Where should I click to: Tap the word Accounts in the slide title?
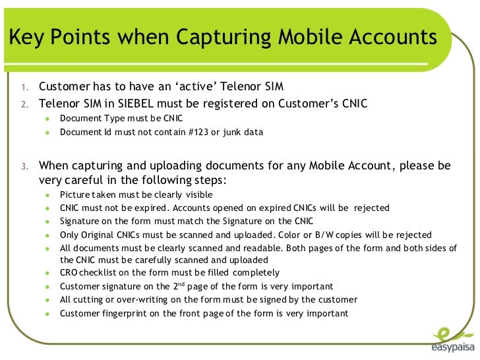[392, 38]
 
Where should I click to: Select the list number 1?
[22, 88]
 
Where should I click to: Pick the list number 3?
[22, 165]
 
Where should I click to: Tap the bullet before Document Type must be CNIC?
[47, 118]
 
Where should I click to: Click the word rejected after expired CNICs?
[371, 207]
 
